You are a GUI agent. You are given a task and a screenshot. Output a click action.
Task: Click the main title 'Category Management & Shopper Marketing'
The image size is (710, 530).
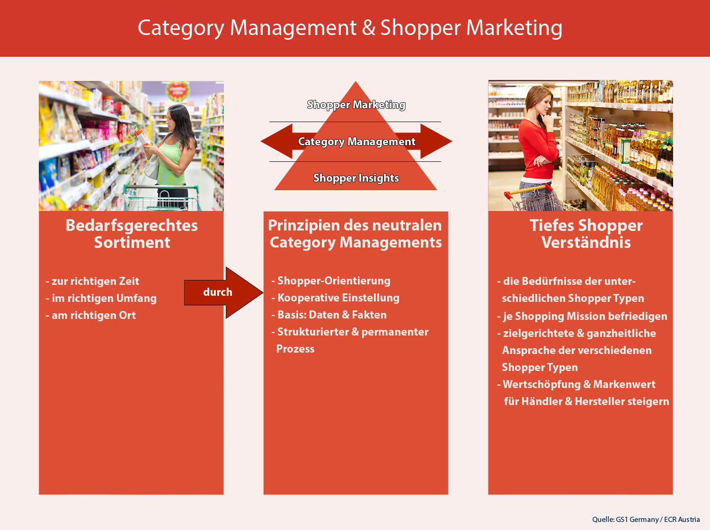click(350, 28)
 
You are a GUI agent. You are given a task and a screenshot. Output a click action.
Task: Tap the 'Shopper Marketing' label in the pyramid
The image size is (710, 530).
click(356, 105)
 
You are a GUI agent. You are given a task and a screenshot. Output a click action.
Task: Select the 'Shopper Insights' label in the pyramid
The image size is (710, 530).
click(356, 178)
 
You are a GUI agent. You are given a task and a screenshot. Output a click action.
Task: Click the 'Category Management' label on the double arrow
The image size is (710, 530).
click(356, 141)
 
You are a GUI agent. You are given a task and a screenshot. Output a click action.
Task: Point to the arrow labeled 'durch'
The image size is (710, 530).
click(222, 292)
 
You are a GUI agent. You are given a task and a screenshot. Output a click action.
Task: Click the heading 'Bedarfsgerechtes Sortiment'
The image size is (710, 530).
click(132, 234)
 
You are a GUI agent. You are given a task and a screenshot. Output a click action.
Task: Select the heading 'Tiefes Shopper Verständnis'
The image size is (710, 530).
click(586, 234)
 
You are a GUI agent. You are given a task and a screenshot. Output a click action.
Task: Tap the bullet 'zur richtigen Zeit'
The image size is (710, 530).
click(95, 281)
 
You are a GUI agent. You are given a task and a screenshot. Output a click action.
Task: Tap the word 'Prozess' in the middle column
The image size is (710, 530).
click(295, 349)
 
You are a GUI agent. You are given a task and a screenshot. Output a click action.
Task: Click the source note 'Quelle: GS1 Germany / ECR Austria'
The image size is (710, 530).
click(646, 520)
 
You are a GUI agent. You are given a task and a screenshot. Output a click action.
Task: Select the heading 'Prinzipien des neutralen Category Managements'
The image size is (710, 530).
click(355, 234)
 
